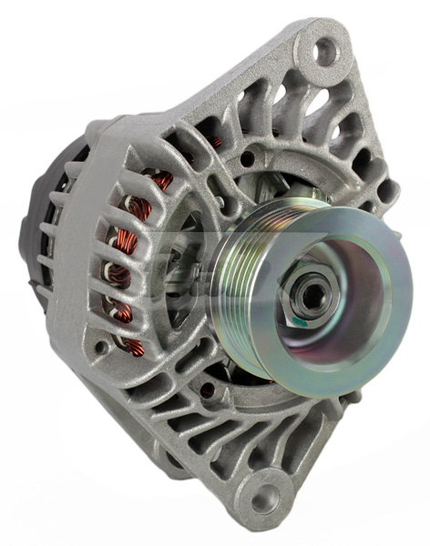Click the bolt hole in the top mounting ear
coord(325,51)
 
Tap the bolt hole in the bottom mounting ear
coord(264,498)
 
